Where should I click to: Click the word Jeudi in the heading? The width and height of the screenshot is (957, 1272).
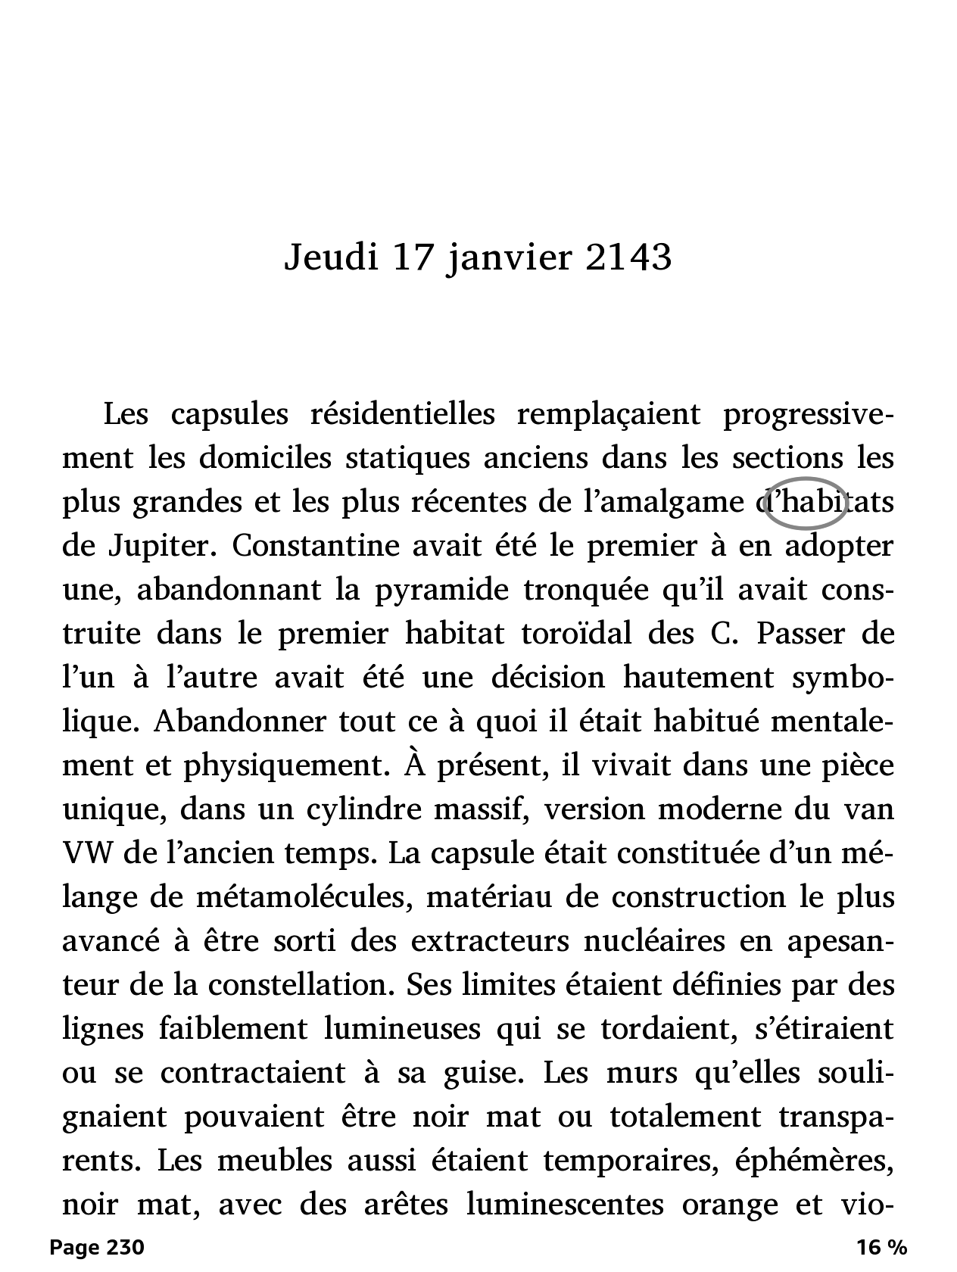(x=331, y=258)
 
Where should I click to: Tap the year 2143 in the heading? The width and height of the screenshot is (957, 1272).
(x=628, y=258)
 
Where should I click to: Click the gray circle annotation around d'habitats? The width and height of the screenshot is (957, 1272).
(x=804, y=502)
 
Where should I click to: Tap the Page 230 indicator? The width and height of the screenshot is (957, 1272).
(x=96, y=1247)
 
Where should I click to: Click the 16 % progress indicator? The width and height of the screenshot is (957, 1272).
(x=881, y=1247)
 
